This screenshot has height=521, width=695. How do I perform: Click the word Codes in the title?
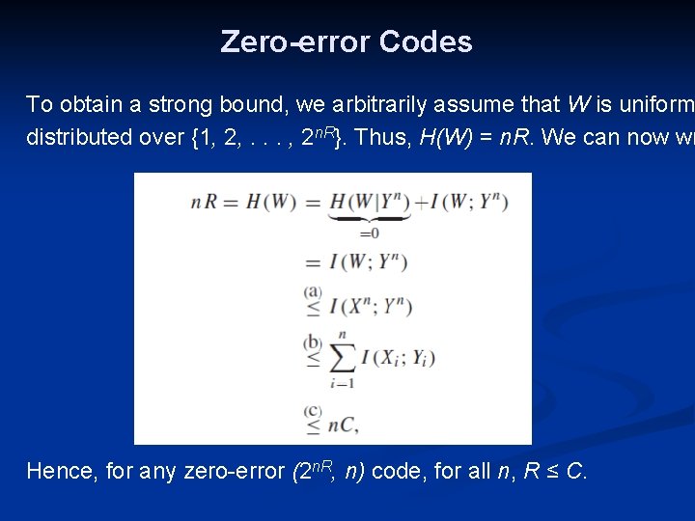pyautogui.click(x=426, y=42)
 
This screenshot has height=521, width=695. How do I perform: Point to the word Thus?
pyautogui.click(x=385, y=136)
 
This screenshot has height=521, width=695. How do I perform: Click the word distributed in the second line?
pyautogui.click(x=80, y=136)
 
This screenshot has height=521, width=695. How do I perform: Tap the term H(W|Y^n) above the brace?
pyautogui.click(x=367, y=202)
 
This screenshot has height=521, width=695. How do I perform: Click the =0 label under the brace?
pyautogui.click(x=369, y=233)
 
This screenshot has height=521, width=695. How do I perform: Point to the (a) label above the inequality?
pyautogui.click(x=311, y=291)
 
